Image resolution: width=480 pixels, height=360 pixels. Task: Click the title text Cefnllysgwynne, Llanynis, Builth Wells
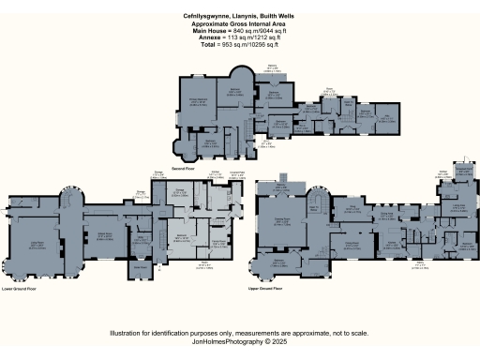pos(240,16)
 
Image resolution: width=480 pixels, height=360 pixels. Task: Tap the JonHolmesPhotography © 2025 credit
pos(240,341)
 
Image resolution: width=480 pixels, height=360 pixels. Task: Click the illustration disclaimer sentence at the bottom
pos(240,333)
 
